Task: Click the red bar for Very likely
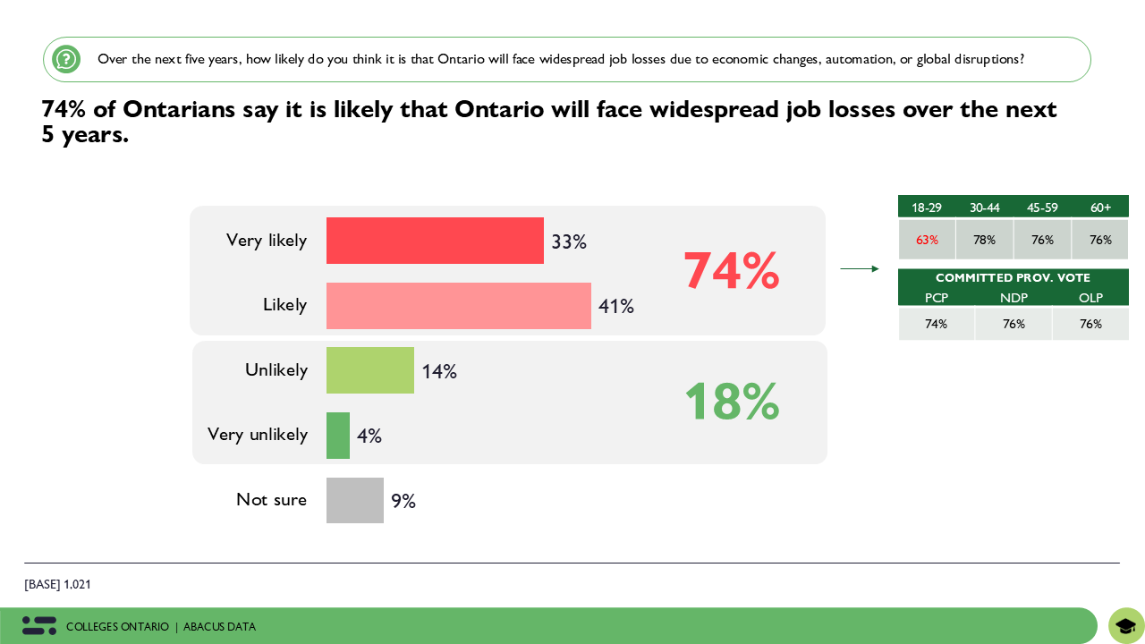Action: [435, 241]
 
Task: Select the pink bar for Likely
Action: [458, 306]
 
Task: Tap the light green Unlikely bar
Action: [369, 370]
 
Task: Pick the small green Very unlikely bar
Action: [338, 436]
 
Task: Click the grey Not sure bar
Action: [354, 500]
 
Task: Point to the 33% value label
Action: [569, 242]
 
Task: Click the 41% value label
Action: [616, 307]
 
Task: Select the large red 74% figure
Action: [731, 271]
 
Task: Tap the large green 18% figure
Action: [731, 402]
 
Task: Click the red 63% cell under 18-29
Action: [927, 240]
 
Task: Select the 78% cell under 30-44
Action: [984, 240]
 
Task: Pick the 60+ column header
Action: [1100, 208]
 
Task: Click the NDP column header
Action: [1014, 298]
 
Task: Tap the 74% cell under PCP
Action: [936, 324]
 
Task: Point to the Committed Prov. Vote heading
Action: [1013, 278]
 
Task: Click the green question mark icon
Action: [66, 59]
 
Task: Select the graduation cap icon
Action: [1125, 626]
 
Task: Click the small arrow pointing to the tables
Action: [859, 268]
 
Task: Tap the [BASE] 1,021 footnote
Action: [58, 585]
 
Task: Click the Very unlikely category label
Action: [258, 435]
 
